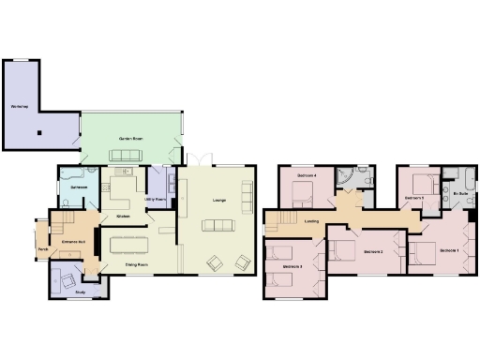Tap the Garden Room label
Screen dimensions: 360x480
(x=129, y=139)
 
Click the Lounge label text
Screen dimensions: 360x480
(x=219, y=200)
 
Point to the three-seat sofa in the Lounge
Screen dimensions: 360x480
(x=218, y=224)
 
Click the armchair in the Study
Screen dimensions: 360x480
(x=69, y=279)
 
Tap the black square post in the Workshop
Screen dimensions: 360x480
(x=40, y=132)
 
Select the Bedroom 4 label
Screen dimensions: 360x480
(x=307, y=175)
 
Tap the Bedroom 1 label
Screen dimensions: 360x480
(x=448, y=250)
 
